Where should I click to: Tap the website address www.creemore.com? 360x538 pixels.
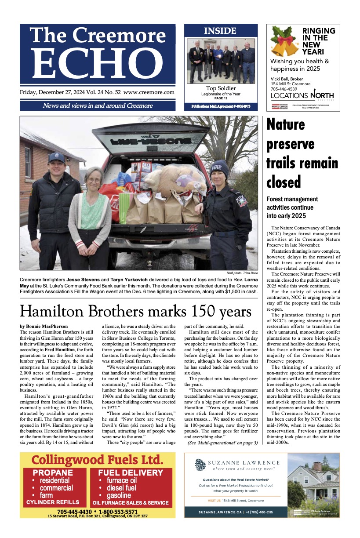[x=149, y=93]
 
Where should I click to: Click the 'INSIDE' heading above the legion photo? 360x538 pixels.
[x=220, y=31]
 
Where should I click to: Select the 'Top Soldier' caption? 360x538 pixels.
[x=221, y=88]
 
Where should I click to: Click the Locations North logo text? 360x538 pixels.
[x=302, y=95]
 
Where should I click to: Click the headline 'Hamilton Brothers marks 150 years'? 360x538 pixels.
[x=136, y=312]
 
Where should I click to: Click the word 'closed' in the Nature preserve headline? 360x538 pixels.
[x=284, y=181]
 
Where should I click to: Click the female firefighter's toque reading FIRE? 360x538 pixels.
[x=220, y=167]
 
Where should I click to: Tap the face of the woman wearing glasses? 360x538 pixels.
[x=94, y=180]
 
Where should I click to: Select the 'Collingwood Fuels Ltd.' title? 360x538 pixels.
[x=97, y=460]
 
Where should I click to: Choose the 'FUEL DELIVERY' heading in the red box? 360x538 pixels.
[x=130, y=473]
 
